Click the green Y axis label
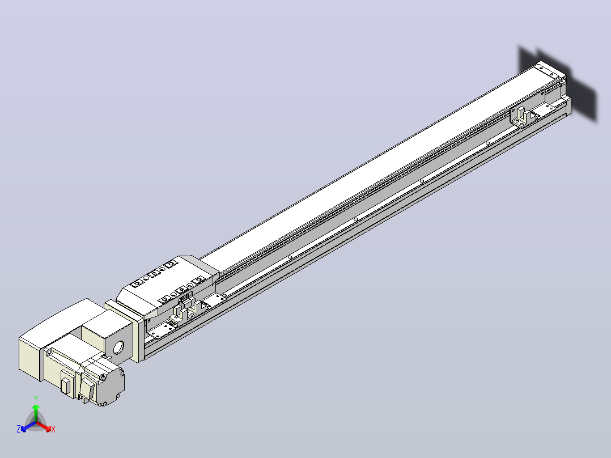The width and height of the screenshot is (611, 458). (x=36, y=399)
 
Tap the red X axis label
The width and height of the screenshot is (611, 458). (x=53, y=429)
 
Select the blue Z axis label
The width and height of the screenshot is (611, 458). (x=19, y=429)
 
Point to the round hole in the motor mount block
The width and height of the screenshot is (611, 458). (x=118, y=347)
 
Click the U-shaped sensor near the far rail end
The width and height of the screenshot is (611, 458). (x=523, y=116)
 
